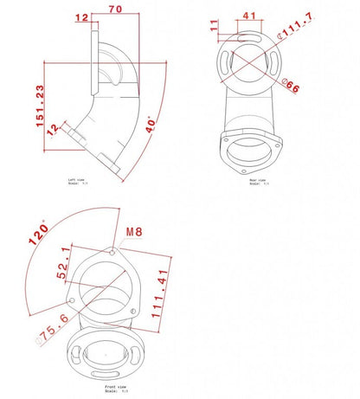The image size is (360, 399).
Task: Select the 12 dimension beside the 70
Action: pyautogui.click(x=83, y=17)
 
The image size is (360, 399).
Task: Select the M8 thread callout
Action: pyautogui.click(x=132, y=232)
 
